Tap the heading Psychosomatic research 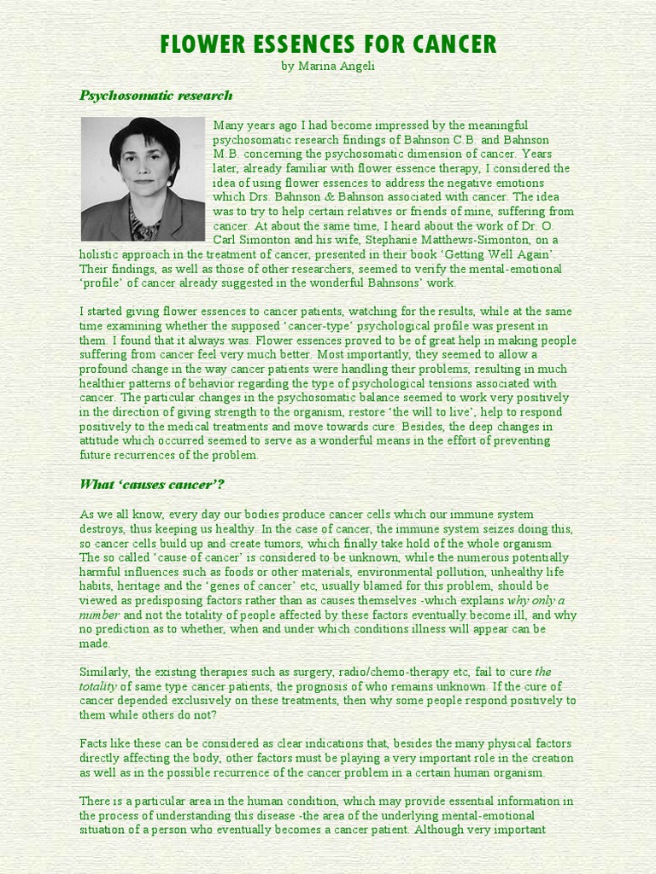[x=155, y=96]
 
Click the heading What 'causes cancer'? [x=152, y=485]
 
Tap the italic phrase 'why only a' [x=536, y=601]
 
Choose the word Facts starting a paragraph [x=94, y=743]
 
